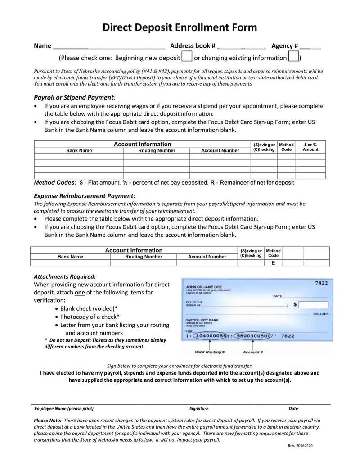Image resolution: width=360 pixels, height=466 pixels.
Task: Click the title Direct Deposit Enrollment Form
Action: (x=180, y=27)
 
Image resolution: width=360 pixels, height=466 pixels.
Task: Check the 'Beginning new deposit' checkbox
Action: (x=186, y=57)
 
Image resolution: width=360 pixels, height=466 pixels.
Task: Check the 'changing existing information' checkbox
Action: (x=293, y=57)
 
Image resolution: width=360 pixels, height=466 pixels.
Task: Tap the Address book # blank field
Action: (x=241, y=46)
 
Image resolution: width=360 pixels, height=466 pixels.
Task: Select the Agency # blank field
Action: (x=310, y=46)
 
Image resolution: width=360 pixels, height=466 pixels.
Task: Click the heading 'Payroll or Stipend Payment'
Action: (x=74, y=97)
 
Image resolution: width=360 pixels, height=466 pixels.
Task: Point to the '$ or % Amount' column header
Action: (x=310, y=147)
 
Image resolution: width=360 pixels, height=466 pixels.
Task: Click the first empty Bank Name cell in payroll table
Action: (x=79, y=157)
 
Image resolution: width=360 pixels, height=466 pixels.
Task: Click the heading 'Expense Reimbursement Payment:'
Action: (x=85, y=196)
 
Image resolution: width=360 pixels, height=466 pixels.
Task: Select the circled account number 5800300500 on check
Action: (x=253, y=335)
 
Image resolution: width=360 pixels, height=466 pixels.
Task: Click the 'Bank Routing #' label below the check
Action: (x=210, y=352)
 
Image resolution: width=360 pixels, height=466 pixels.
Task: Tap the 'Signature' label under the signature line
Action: (x=199, y=409)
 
